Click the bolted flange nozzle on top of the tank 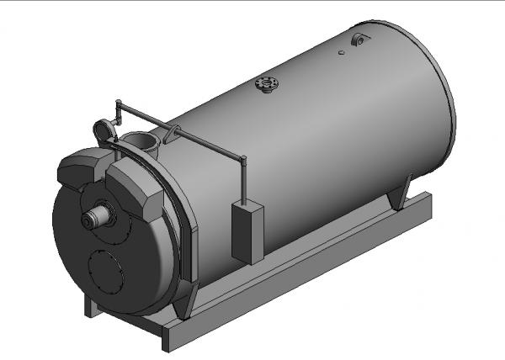click(267, 85)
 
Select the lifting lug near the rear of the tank click(359, 39)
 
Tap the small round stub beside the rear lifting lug click(341, 53)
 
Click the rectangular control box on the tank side click(247, 232)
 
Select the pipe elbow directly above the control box click(242, 160)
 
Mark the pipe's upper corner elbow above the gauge click(119, 104)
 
